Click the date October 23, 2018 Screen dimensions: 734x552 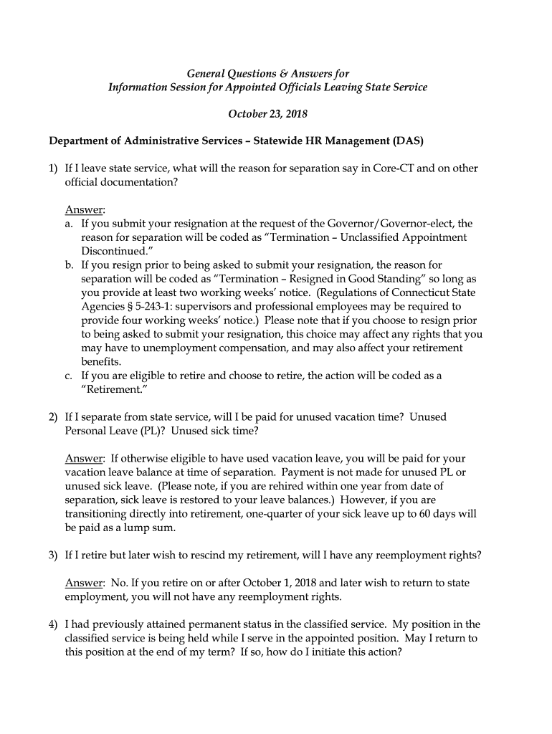(x=267, y=114)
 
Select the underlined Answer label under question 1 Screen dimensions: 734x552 (x=85, y=210)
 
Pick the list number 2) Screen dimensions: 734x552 (x=54, y=416)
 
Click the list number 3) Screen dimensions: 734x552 (x=54, y=555)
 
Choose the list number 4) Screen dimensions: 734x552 (x=54, y=624)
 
